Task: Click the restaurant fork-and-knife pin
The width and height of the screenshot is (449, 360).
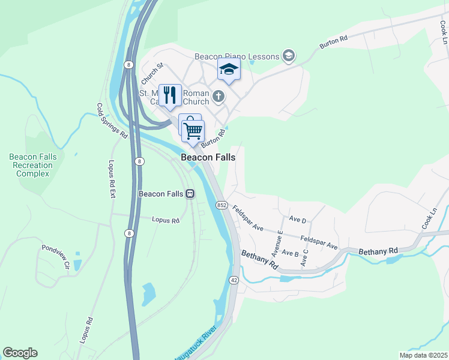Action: click(170, 96)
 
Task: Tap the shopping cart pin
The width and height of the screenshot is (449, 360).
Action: click(193, 130)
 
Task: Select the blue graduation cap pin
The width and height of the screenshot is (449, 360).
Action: click(229, 70)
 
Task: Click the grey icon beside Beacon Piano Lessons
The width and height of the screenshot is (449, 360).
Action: click(289, 56)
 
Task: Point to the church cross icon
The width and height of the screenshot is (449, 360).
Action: click(219, 95)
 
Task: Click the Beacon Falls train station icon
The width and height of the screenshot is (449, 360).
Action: click(190, 194)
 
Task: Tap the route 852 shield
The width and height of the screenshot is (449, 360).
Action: click(221, 205)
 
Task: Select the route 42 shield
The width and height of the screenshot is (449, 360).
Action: click(234, 280)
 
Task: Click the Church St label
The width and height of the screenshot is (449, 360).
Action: click(152, 74)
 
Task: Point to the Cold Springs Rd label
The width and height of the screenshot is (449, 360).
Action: click(112, 121)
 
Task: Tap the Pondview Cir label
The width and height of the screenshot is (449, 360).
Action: click(56, 256)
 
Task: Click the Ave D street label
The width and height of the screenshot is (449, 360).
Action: click(298, 220)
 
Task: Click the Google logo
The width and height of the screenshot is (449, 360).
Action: click(20, 353)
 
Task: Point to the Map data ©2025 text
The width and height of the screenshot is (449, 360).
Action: click(423, 355)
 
